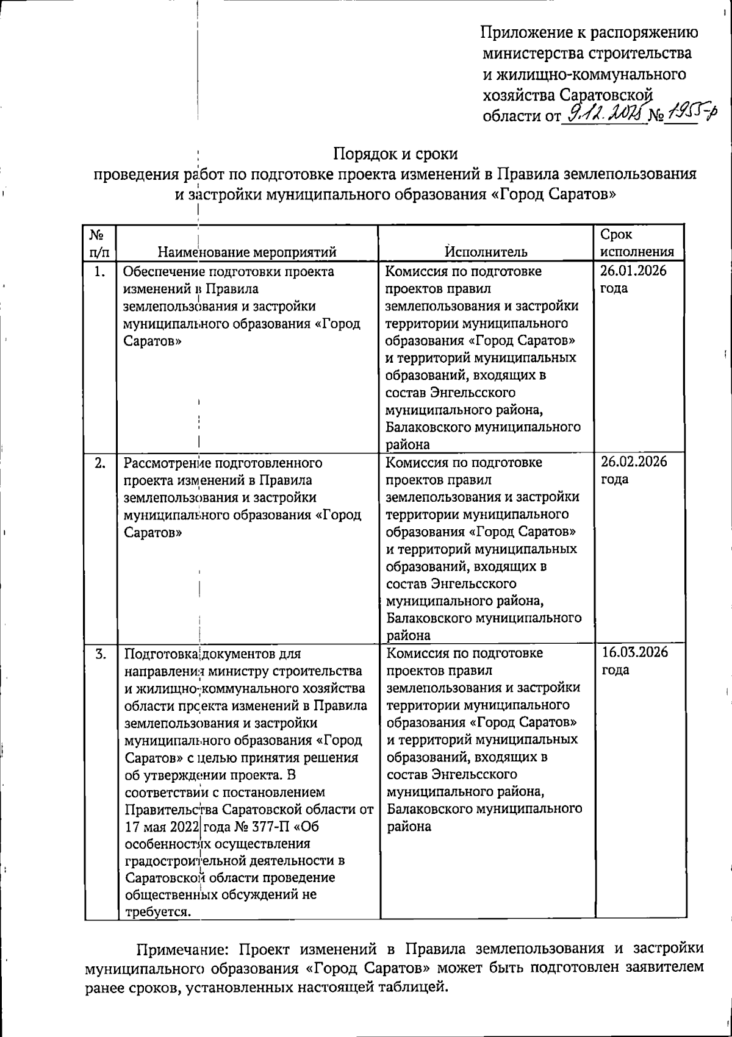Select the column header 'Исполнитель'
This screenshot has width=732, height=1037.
point(486,252)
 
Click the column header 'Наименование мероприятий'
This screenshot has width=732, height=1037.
point(247,252)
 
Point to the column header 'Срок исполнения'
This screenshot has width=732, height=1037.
point(637,243)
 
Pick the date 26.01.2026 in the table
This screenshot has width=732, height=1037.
point(633,271)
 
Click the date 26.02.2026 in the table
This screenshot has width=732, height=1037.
point(634,461)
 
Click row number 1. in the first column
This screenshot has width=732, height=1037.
point(100,272)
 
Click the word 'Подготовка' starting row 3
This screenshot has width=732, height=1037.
point(161,654)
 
